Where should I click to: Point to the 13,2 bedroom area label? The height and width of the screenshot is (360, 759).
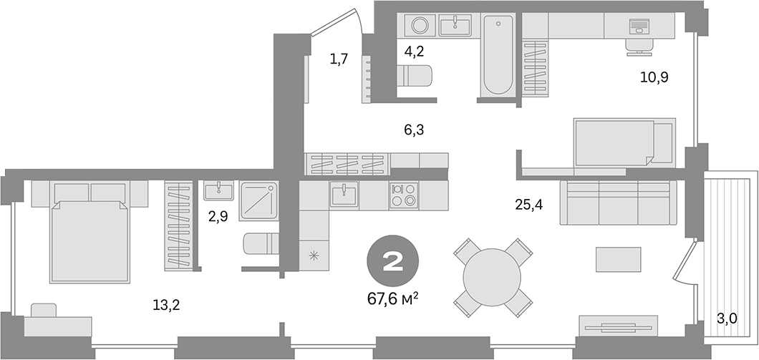point(165,305)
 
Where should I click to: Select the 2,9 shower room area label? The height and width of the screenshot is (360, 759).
point(218,215)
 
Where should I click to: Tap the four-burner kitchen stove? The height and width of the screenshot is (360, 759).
point(404,195)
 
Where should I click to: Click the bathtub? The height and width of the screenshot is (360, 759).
point(497,56)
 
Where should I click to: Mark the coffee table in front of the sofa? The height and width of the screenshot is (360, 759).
point(619,259)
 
